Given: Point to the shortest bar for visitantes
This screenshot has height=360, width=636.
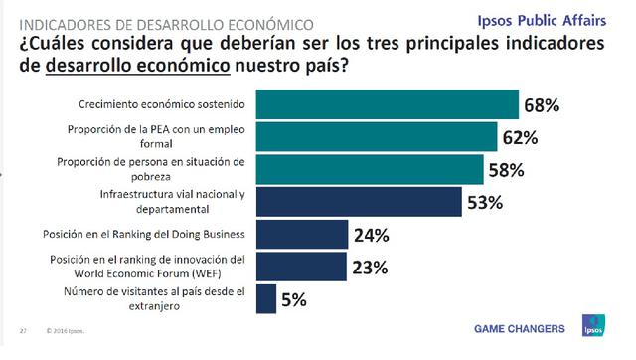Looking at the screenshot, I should click(x=265, y=298).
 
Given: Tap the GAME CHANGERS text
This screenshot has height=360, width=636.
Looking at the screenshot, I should click(x=519, y=328).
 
